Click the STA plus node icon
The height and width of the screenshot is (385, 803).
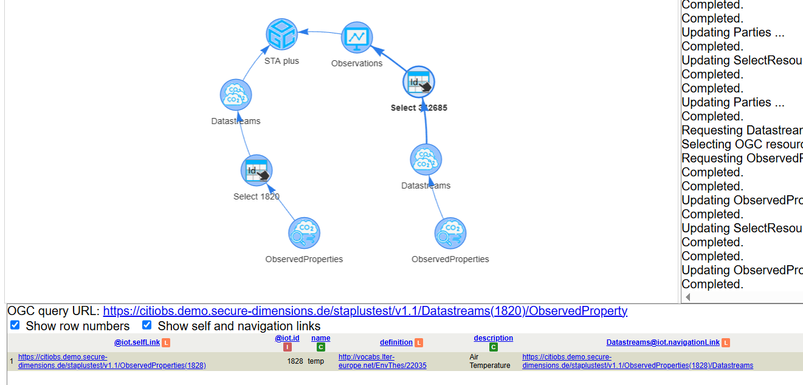281,34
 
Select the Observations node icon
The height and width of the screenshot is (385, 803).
357,38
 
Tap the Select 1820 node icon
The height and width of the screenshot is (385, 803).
257,170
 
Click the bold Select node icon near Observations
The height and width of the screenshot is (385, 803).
419,82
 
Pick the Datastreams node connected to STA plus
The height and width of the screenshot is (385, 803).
236,95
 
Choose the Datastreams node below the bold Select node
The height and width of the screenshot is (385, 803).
426,159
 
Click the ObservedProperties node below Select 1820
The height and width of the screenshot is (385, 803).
304,233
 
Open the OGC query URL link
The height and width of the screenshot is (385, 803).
365,311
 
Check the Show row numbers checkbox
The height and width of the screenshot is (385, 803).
15,325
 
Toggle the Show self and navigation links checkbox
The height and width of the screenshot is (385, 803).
146,325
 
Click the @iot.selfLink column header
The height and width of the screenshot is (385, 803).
137,342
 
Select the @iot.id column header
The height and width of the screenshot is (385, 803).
287,338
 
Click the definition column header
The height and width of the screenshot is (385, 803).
396,342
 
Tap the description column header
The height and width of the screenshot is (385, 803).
493,338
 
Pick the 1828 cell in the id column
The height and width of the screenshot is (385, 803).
295,361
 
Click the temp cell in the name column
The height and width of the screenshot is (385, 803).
315,361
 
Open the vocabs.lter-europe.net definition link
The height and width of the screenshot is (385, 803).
382,361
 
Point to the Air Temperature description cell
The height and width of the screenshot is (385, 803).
489,361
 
